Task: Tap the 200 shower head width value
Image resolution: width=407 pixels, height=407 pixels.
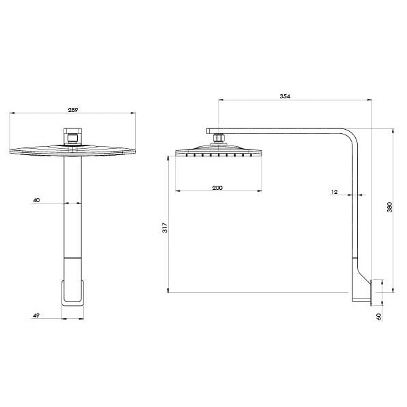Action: coord(216,187)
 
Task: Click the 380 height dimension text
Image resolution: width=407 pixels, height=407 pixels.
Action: coord(389,208)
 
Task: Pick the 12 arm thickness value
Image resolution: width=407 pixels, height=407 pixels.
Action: coord(334,192)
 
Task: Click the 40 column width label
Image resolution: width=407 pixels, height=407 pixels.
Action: coord(36,200)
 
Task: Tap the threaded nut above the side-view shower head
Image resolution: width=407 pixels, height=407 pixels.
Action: coord(219,139)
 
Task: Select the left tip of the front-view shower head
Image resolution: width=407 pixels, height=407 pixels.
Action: coord(12,152)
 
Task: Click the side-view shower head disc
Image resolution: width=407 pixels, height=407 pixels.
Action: coord(219,150)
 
